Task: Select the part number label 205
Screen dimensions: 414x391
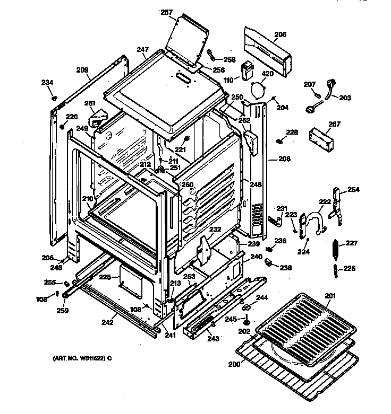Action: [280, 35]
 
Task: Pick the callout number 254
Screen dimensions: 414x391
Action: [354, 189]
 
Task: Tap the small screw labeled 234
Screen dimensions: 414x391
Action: [54, 98]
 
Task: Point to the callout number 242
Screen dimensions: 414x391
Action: [108, 322]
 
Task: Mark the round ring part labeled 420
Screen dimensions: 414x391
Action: [259, 91]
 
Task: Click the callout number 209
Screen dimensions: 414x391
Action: [82, 69]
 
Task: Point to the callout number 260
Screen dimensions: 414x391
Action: [188, 184]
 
